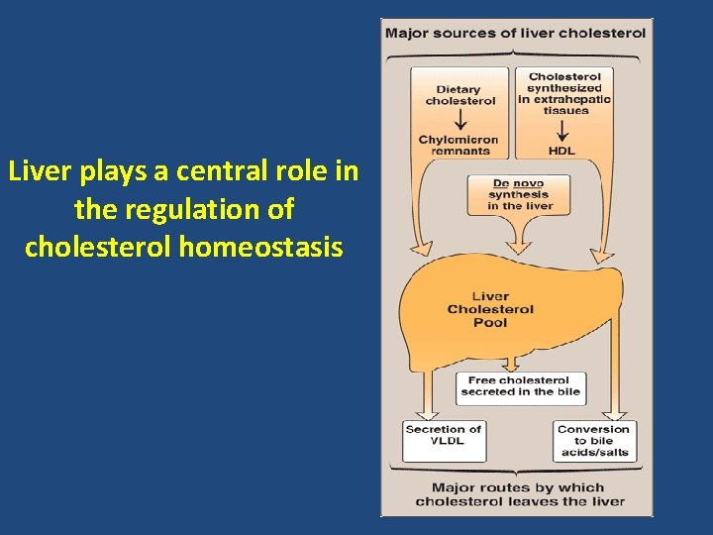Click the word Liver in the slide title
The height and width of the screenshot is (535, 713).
tap(33, 171)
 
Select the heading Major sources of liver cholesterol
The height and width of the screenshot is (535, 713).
tap(515, 33)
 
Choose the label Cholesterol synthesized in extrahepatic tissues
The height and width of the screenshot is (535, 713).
tap(564, 93)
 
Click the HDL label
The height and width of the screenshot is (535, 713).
tap(561, 151)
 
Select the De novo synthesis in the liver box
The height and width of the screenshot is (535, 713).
tap(519, 194)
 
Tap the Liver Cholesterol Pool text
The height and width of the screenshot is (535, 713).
tap(490, 309)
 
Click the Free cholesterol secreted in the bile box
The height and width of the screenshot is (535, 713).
tap(520, 385)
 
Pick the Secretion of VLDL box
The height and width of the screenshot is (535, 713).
tap(443, 435)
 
